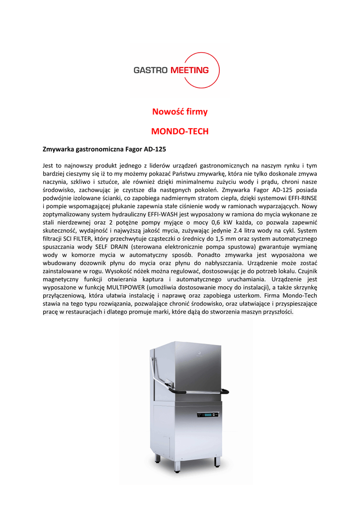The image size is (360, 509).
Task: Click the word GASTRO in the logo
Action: pos(151,70)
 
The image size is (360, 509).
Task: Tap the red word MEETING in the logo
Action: pos(189,70)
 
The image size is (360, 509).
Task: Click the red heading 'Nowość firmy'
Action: pos(180,112)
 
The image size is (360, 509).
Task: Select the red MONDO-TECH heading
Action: pos(180,132)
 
